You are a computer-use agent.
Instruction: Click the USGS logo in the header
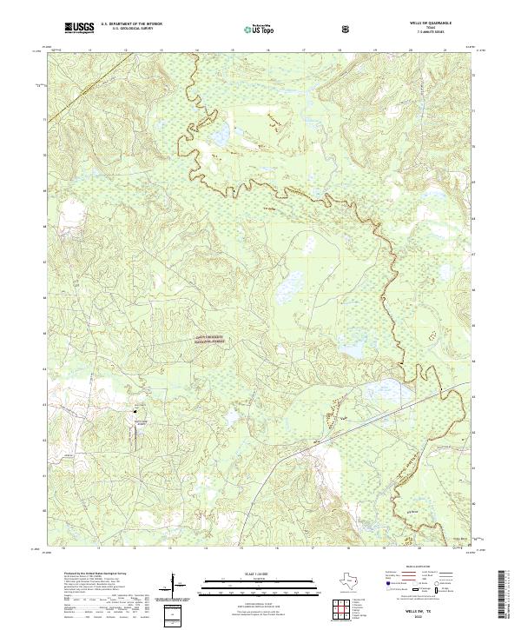pyautogui.click(x=77, y=29)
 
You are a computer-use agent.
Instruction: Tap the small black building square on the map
pyautogui.click(x=135, y=411)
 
